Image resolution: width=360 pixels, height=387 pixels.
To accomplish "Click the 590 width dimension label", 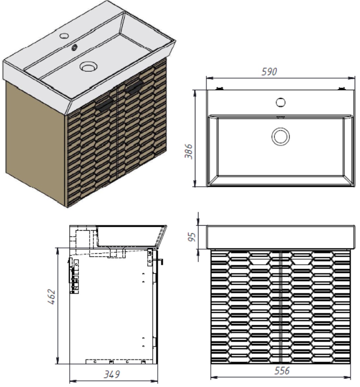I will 269,71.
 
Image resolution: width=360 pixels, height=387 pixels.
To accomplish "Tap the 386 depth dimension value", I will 189,151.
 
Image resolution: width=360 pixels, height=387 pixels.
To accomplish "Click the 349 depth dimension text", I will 112,374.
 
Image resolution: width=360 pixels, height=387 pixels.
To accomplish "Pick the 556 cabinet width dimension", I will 282,371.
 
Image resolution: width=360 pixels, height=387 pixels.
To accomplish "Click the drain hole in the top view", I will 280,136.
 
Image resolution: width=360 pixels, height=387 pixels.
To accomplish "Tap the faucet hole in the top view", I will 280,102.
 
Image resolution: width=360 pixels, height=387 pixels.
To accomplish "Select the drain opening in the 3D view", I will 89,67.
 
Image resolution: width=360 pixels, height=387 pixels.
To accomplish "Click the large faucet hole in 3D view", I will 64,35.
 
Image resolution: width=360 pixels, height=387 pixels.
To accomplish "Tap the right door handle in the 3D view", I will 136,88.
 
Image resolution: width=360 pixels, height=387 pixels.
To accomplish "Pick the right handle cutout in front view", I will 301,261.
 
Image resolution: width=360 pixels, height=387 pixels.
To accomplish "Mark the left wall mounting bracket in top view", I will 219,88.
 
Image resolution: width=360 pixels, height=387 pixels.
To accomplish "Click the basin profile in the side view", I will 132,235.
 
